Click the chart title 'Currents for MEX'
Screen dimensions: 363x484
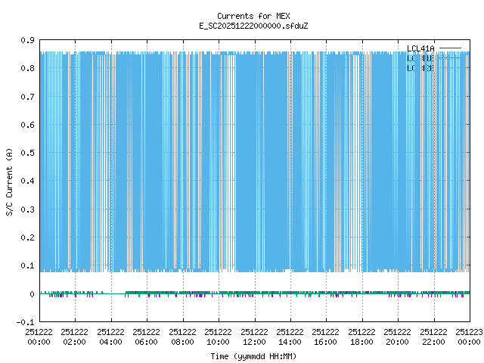(x=242, y=16)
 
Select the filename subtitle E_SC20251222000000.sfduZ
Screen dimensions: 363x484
(x=242, y=26)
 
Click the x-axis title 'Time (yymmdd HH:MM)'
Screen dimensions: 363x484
(x=242, y=355)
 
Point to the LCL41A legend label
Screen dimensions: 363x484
(x=421, y=48)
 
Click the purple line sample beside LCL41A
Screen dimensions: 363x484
(x=450, y=48)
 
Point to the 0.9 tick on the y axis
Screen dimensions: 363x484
(x=27, y=40)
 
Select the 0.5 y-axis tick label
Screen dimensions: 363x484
(x=27, y=153)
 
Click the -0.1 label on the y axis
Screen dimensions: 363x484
(x=25, y=322)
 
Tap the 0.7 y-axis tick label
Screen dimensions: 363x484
(x=27, y=97)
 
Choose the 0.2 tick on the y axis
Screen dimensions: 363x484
(x=27, y=237)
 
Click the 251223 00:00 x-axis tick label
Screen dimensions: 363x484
(x=470, y=337)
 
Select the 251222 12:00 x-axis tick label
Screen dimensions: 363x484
(x=254, y=337)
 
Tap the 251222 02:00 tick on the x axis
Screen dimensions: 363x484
(x=75, y=337)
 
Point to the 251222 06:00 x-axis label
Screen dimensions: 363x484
(x=147, y=337)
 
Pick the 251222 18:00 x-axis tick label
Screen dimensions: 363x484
(x=362, y=337)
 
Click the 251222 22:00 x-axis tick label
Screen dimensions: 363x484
(x=433, y=337)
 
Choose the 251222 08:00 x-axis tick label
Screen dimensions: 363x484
(x=182, y=337)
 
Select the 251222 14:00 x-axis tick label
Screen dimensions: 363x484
(x=290, y=337)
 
